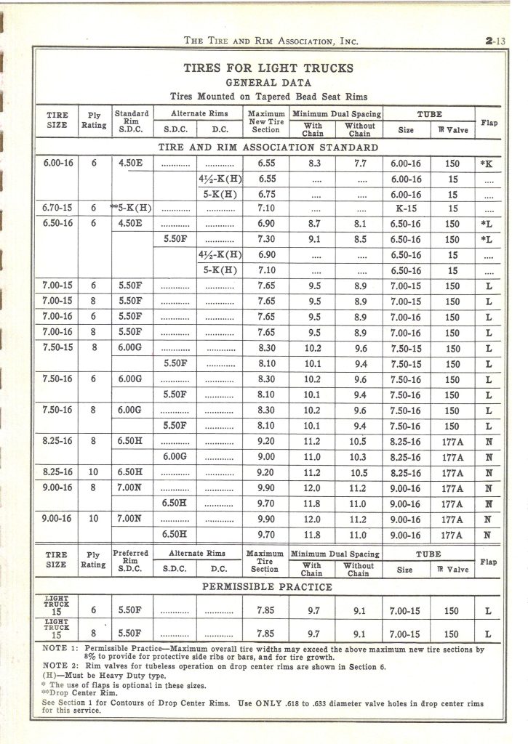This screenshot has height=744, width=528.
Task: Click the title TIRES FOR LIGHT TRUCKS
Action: (x=268, y=68)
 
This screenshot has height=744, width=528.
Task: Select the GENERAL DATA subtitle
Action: (x=268, y=82)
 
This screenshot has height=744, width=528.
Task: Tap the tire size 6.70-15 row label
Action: (x=57, y=207)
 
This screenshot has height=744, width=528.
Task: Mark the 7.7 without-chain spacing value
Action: (x=359, y=164)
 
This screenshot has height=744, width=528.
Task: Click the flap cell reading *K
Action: (x=487, y=164)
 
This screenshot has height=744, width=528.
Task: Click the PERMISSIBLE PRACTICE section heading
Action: (x=267, y=586)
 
